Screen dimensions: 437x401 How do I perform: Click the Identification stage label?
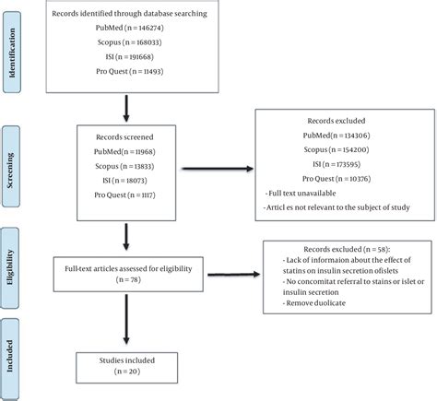point(12,53)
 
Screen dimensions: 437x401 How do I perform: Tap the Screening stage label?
point(10,170)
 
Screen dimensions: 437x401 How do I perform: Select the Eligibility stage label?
point(10,267)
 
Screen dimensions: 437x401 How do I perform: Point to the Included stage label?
point(10,356)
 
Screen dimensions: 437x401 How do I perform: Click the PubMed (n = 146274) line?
point(130,28)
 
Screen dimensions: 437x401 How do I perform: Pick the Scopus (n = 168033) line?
point(130,42)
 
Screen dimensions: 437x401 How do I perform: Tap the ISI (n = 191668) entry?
point(130,57)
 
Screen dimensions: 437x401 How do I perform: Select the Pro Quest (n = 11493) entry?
point(130,72)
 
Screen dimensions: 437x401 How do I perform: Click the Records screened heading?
point(124,137)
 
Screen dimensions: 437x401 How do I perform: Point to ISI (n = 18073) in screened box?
point(124,181)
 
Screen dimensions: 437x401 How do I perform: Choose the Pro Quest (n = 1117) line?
point(124,195)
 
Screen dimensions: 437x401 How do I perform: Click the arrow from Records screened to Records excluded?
point(218,169)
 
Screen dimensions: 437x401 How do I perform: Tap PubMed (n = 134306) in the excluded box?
point(337,136)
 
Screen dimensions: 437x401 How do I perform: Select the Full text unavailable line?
point(301,194)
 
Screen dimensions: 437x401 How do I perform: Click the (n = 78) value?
point(128,279)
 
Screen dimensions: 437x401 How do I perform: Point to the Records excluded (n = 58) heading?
point(347,249)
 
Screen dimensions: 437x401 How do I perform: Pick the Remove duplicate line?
point(314,303)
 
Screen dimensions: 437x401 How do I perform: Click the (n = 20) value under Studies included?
point(127,372)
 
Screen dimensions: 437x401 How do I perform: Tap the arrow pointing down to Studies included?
point(126,319)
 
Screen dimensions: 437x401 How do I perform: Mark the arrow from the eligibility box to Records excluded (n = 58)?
point(234,274)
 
